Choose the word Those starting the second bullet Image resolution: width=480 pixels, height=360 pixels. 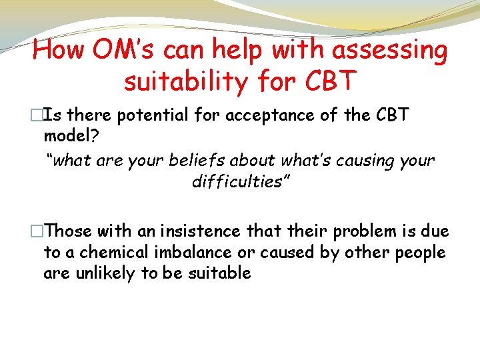pos(69,231)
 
